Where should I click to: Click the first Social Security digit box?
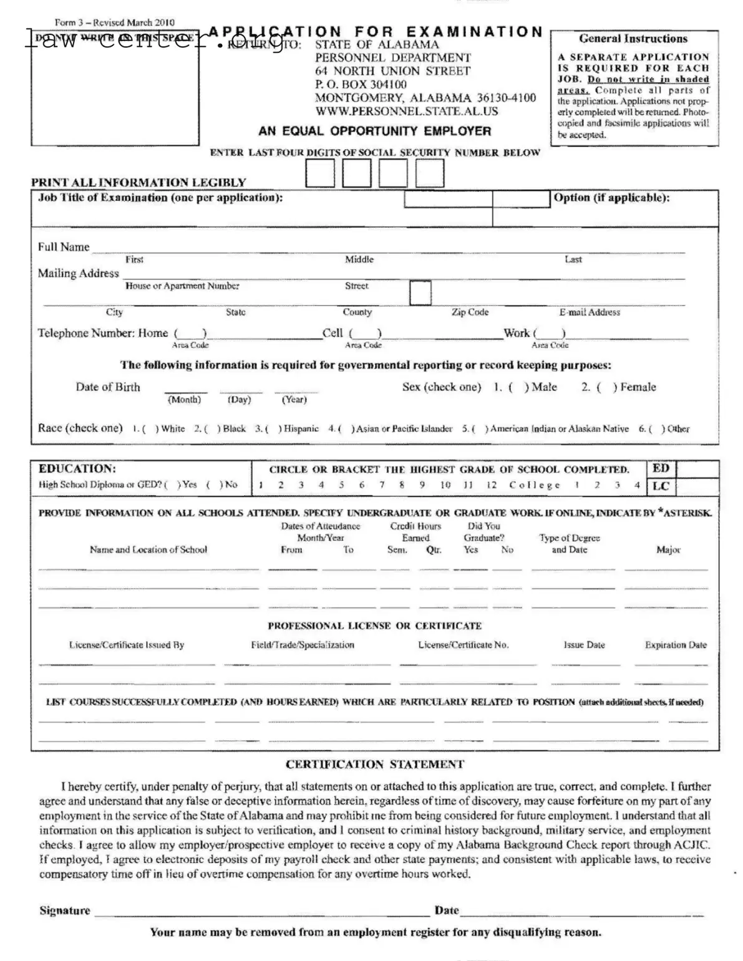319,173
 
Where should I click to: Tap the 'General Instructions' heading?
633,39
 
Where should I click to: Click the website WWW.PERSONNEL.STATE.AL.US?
406,112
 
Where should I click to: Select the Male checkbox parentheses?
518,387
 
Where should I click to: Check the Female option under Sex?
606,387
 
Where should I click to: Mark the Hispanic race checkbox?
272,429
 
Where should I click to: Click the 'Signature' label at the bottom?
64,910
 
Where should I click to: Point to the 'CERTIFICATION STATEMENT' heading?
374,765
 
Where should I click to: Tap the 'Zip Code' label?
470,312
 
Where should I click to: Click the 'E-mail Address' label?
589,312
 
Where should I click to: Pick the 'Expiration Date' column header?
676,645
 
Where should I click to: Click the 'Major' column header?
668,549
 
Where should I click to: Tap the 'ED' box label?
661,468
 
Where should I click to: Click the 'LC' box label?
661,486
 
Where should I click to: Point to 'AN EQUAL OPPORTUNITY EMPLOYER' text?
374,131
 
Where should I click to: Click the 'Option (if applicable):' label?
611,198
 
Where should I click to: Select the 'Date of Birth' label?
108,387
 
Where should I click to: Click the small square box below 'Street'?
420,293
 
